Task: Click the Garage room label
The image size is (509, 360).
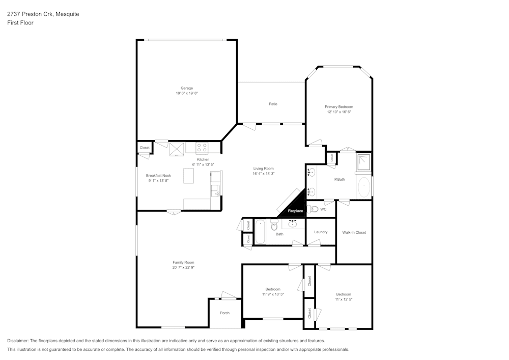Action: pyautogui.click(x=186, y=88)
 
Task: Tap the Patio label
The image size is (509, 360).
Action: pyautogui.click(x=273, y=104)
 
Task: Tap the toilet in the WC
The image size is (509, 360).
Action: pyautogui.click(x=314, y=209)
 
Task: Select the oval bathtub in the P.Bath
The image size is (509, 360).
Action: pyautogui.click(x=364, y=187)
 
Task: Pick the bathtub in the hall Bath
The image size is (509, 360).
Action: pyautogui.click(x=260, y=231)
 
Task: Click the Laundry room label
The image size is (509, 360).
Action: pyautogui.click(x=321, y=232)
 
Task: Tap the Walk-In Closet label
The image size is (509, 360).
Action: pyautogui.click(x=354, y=232)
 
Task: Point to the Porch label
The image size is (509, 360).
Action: pyautogui.click(x=224, y=313)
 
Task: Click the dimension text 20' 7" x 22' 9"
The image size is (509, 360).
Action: pyautogui.click(x=183, y=267)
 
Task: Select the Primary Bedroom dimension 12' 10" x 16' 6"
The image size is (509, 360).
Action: pyautogui.click(x=339, y=112)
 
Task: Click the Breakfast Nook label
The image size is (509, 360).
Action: pyautogui.click(x=158, y=175)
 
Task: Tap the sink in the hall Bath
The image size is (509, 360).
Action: pyautogui.click(x=293, y=224)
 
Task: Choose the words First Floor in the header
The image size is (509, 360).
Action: pyautogui.click(x=20, y=23)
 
